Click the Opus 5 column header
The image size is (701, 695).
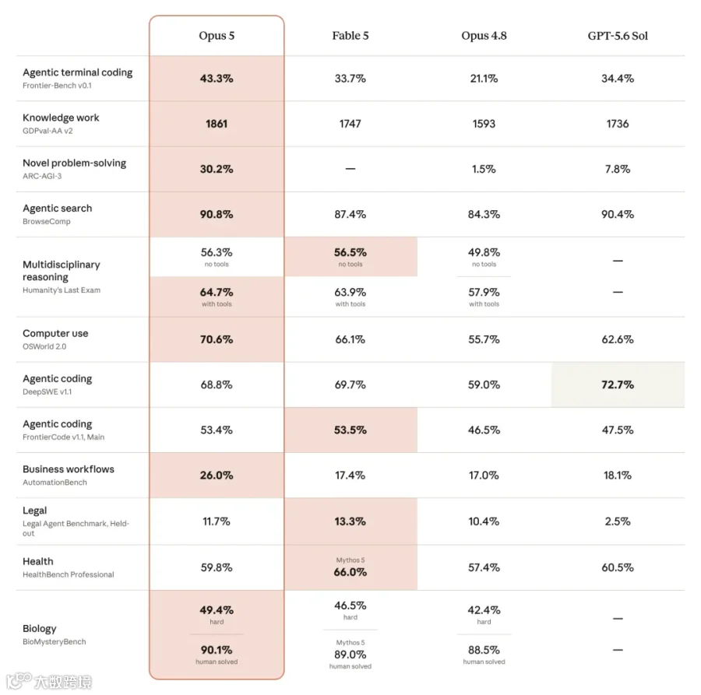pos(217,36)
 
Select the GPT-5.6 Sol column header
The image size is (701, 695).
pos(618,36)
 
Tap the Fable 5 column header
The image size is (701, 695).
pos(350,36)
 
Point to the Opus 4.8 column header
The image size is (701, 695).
pos(484,36)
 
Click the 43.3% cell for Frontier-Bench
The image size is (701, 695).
pos(217,79)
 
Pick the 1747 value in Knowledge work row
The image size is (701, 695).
pos(350,124)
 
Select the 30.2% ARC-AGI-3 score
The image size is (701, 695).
pos(217,170)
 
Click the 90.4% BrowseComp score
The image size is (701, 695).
pos(618,214)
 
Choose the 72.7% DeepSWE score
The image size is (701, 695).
pos(618,384)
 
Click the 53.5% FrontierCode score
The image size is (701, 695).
pos(350,430)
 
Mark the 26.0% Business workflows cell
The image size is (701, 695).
pos(217,476)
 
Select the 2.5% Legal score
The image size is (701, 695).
pos(618,521)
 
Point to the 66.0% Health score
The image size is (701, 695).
pos(350,572)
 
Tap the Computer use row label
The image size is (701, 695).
pos(55,333)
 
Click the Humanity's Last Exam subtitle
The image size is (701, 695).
pos(62,290)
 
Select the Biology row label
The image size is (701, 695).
pos(40,629)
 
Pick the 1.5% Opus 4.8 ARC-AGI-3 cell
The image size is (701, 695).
pos(484,170)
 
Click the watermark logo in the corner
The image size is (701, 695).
pos(49,682)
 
